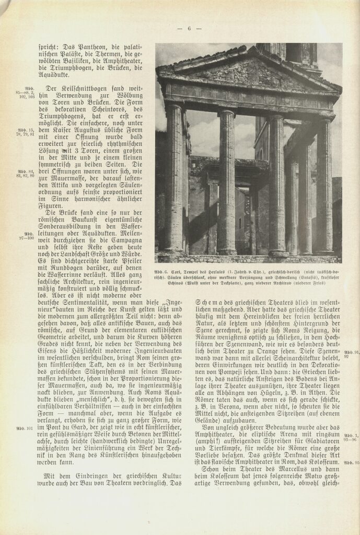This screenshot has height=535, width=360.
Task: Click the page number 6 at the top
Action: tap(189, 29)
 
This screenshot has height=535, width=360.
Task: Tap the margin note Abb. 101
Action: tap(25, 428)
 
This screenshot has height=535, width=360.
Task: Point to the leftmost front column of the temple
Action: tap(175, 178)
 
